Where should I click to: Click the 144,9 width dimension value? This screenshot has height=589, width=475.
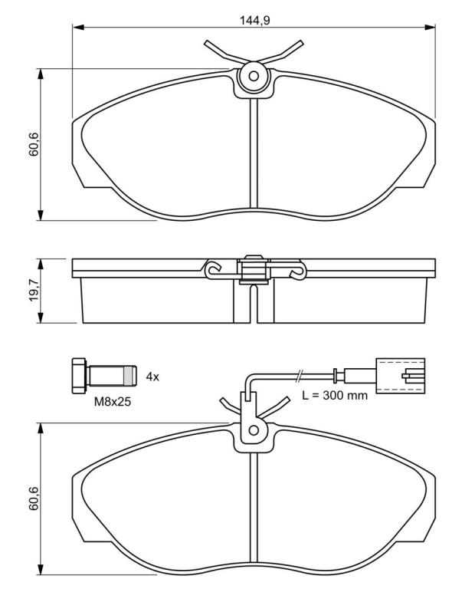click(255, 20)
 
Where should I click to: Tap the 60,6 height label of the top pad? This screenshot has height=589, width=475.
click(34, 144)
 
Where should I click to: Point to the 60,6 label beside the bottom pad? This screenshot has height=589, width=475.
click(34, 498)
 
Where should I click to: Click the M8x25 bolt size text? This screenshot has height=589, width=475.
click(112, 402)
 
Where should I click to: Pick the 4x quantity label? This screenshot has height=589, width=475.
click(152, 377)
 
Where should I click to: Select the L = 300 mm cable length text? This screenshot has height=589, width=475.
click(335, 395)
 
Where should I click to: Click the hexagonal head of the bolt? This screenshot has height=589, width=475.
click(79, 376)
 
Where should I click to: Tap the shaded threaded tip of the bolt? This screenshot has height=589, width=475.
click(129, 376)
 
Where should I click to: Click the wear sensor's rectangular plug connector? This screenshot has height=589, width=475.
click(401, 376)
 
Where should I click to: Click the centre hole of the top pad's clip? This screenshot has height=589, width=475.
click(254, 76)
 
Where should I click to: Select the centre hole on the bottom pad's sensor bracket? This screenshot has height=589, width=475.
click(254, 430)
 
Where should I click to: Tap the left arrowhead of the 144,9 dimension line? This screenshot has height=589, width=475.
click(77, 27)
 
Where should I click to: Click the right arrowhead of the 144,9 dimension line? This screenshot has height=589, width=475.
click(430, 27)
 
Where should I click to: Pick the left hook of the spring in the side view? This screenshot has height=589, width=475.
click(212, 269)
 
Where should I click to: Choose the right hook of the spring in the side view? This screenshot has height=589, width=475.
click(297, 270)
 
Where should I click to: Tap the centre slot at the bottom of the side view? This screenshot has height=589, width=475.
click(254, 304)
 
